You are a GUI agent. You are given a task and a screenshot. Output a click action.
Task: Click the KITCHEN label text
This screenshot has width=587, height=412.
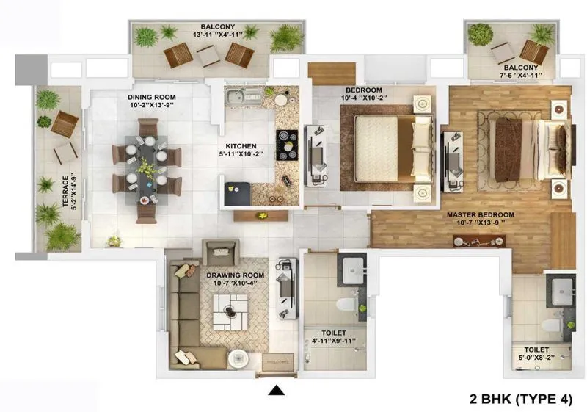click(x=241, y=145)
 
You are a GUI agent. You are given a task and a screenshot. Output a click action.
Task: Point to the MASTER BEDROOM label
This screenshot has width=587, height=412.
click(x=481, y=215)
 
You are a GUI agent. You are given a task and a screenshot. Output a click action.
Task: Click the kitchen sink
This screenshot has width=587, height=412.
click(x=236, y=96)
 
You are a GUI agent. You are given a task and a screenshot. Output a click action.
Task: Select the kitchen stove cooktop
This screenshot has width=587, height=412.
click(x=285, y=144)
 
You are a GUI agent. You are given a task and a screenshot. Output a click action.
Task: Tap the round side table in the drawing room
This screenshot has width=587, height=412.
click(x=236, y=359)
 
